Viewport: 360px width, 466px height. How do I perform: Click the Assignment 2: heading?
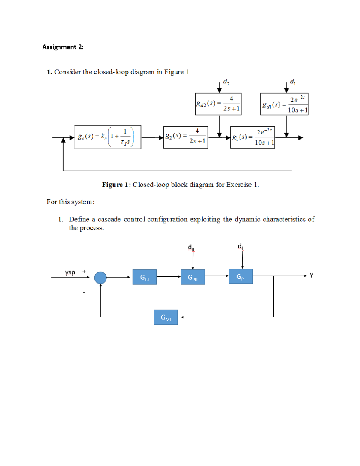tap(63, 47)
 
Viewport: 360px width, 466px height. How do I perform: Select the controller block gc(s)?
tap(108, 137)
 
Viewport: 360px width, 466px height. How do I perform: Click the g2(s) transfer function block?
tap(185, 137)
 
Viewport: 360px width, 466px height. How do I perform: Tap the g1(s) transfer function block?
tap(253, 137)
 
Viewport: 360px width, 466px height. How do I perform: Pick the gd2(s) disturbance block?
tap(218, 104)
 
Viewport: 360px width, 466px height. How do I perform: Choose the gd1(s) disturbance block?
tap(284, 104)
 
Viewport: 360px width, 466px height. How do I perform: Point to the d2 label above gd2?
tap(226, 82)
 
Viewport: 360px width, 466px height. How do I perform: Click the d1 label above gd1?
tap(292, 82)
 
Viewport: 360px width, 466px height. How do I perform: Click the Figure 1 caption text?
tap(180, 185)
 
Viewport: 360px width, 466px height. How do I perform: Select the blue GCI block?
tap(144, 277)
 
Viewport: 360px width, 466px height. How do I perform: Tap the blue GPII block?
tap(193, 277)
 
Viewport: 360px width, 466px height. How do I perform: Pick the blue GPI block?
tap(241, 276)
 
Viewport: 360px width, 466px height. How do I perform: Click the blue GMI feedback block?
tap(166, 317)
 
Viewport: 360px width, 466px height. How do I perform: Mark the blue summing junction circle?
tap(100, 278)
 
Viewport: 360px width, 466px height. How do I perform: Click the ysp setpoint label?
tap(70, 272)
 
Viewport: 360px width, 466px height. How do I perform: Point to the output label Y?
tap(311, 275)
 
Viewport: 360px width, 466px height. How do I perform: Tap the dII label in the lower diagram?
tap(191, 248)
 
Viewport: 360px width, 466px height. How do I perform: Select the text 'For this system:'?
tap(70, 202)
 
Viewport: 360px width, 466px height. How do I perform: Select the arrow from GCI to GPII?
tap(169, 277)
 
